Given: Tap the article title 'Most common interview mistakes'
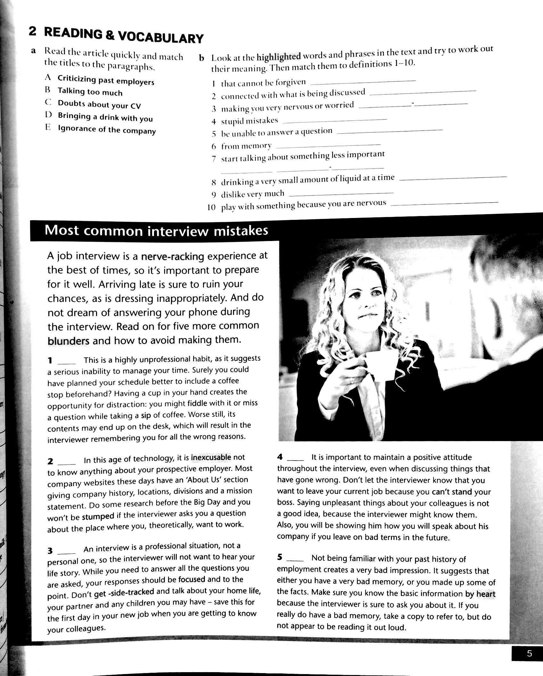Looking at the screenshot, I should (156, 231).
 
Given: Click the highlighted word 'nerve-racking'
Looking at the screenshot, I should (173, 256).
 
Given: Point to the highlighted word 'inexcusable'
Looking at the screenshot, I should (211, 457).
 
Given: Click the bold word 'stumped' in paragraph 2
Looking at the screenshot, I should (98, 516).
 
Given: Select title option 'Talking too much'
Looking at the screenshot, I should (90, 92).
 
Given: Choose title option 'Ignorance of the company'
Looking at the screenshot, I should (107, 130).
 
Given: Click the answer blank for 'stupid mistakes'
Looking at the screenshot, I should (335, 121).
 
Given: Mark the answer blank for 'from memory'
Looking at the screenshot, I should (328, 146).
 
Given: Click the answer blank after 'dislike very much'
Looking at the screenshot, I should (341, 194).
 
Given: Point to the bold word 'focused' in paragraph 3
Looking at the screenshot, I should (191, 579).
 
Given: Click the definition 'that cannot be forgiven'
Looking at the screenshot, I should (263, 83).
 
